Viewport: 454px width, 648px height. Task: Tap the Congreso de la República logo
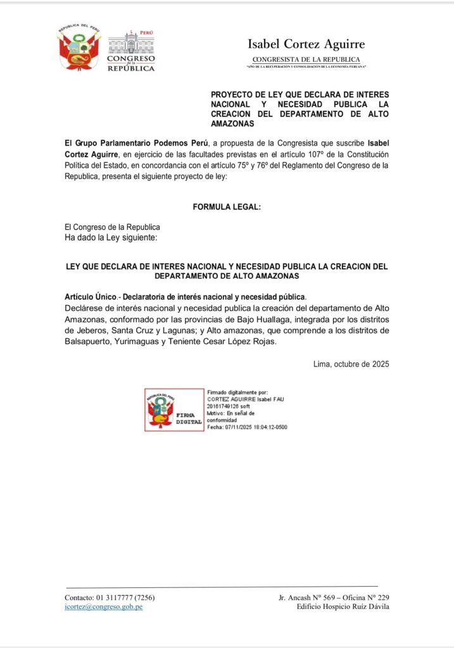[131, 51]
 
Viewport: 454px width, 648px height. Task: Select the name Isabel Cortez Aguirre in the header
[306, 44]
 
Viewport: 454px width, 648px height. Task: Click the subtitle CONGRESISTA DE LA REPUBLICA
[306, 59]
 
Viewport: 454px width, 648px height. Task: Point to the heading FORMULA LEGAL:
[227, 207]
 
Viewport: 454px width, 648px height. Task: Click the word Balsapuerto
[90, 342]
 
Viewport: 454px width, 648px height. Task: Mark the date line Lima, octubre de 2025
[351, 364]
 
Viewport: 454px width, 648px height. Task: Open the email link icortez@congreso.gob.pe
[103, 607]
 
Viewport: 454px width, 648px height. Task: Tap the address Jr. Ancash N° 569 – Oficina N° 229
[333, 597]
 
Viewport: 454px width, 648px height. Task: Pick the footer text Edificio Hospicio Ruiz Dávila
[343, 607]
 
